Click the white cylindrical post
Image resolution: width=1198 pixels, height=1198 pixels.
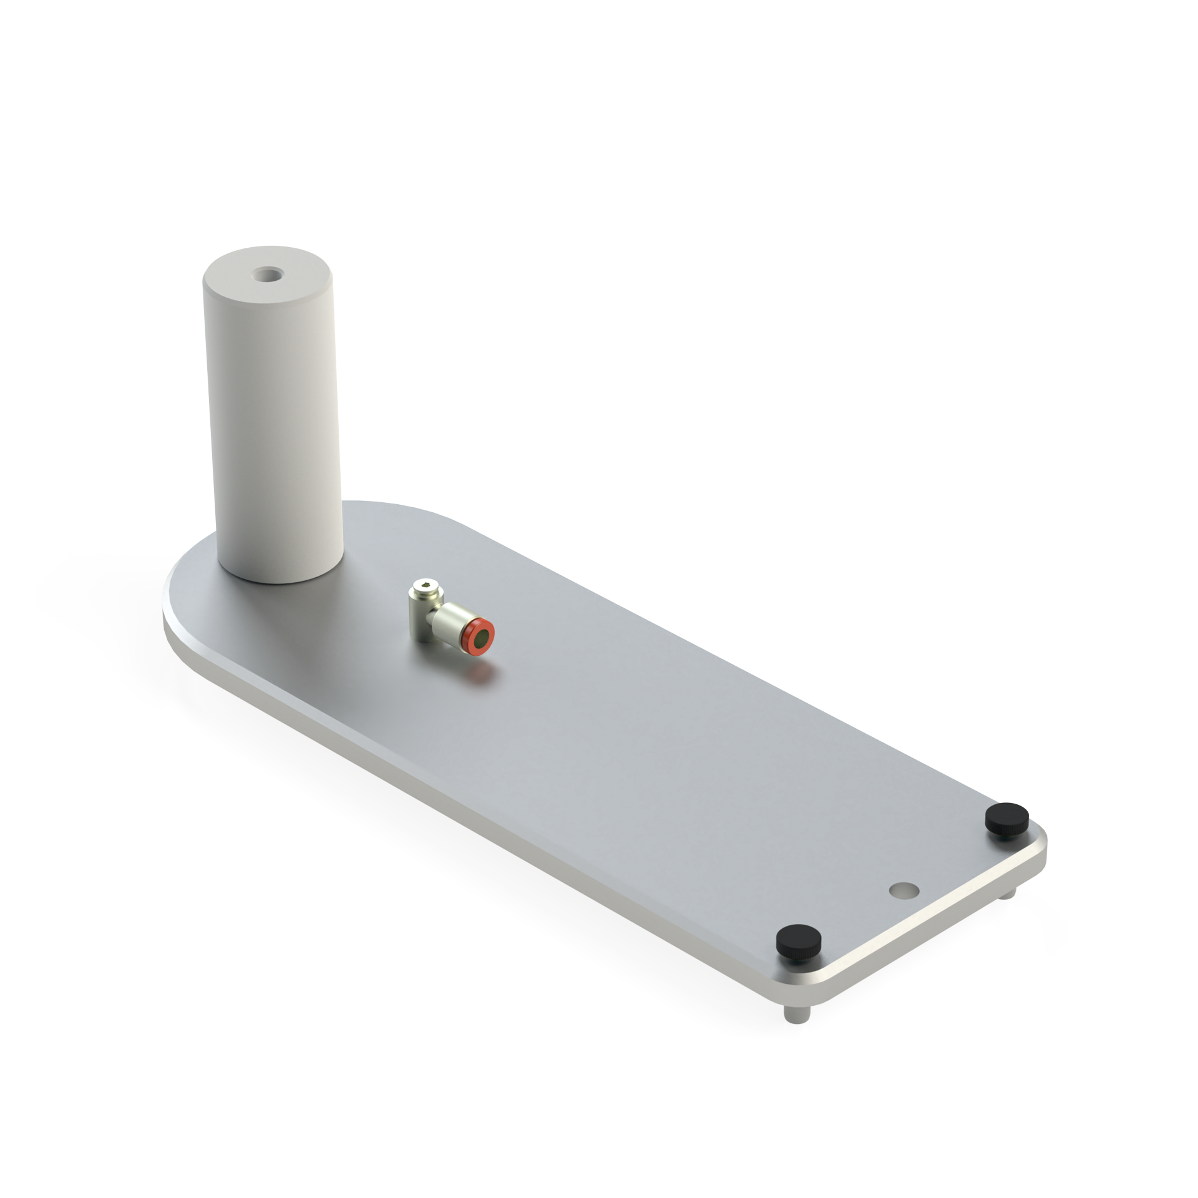click(x=275, y=437)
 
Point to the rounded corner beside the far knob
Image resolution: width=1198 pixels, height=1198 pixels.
click(x=1040, y=838)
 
